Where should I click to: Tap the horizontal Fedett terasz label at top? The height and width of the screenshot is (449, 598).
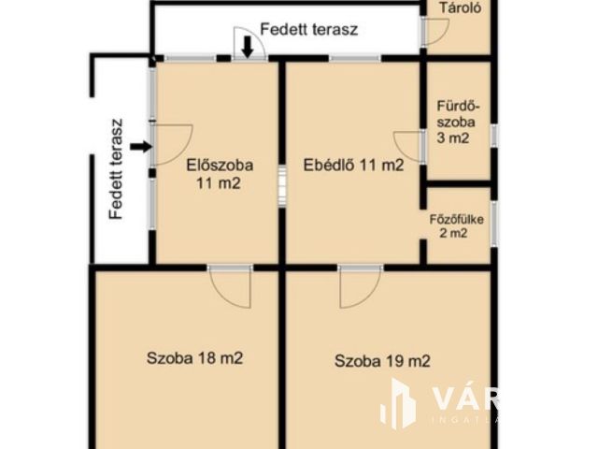pos(308,29)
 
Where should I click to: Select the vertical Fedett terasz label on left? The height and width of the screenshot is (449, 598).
pos(116,169)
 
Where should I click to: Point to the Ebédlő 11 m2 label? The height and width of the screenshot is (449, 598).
pos(353,167)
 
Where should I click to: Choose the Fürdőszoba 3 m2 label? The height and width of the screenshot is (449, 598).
pos(455,121)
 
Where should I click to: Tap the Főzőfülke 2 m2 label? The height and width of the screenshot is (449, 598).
pos(453,226)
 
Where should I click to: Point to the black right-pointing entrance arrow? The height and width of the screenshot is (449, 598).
pos(140,146)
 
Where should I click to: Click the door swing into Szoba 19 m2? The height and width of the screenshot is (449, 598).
pos(360,286)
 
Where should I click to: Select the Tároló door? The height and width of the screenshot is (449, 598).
pos(435,31)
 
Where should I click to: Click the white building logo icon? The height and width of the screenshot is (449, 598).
pos(398,403)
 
